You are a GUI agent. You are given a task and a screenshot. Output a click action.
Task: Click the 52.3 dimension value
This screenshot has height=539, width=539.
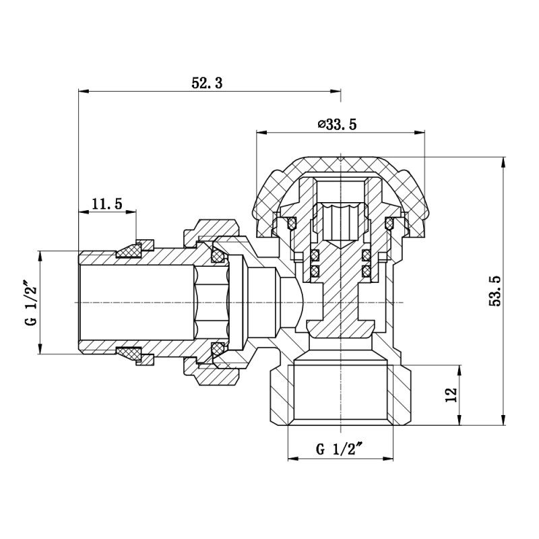pyautogui.click(x=207, y=83)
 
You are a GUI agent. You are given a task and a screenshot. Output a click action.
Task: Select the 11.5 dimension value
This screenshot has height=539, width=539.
pyautogui.click(x=106, y=203)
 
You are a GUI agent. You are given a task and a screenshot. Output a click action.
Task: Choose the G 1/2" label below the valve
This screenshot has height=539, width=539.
pyautogui.click(x=340, y=449)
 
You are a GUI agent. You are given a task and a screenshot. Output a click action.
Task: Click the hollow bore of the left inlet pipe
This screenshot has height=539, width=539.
pyautogui.click(x=135, y=301)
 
